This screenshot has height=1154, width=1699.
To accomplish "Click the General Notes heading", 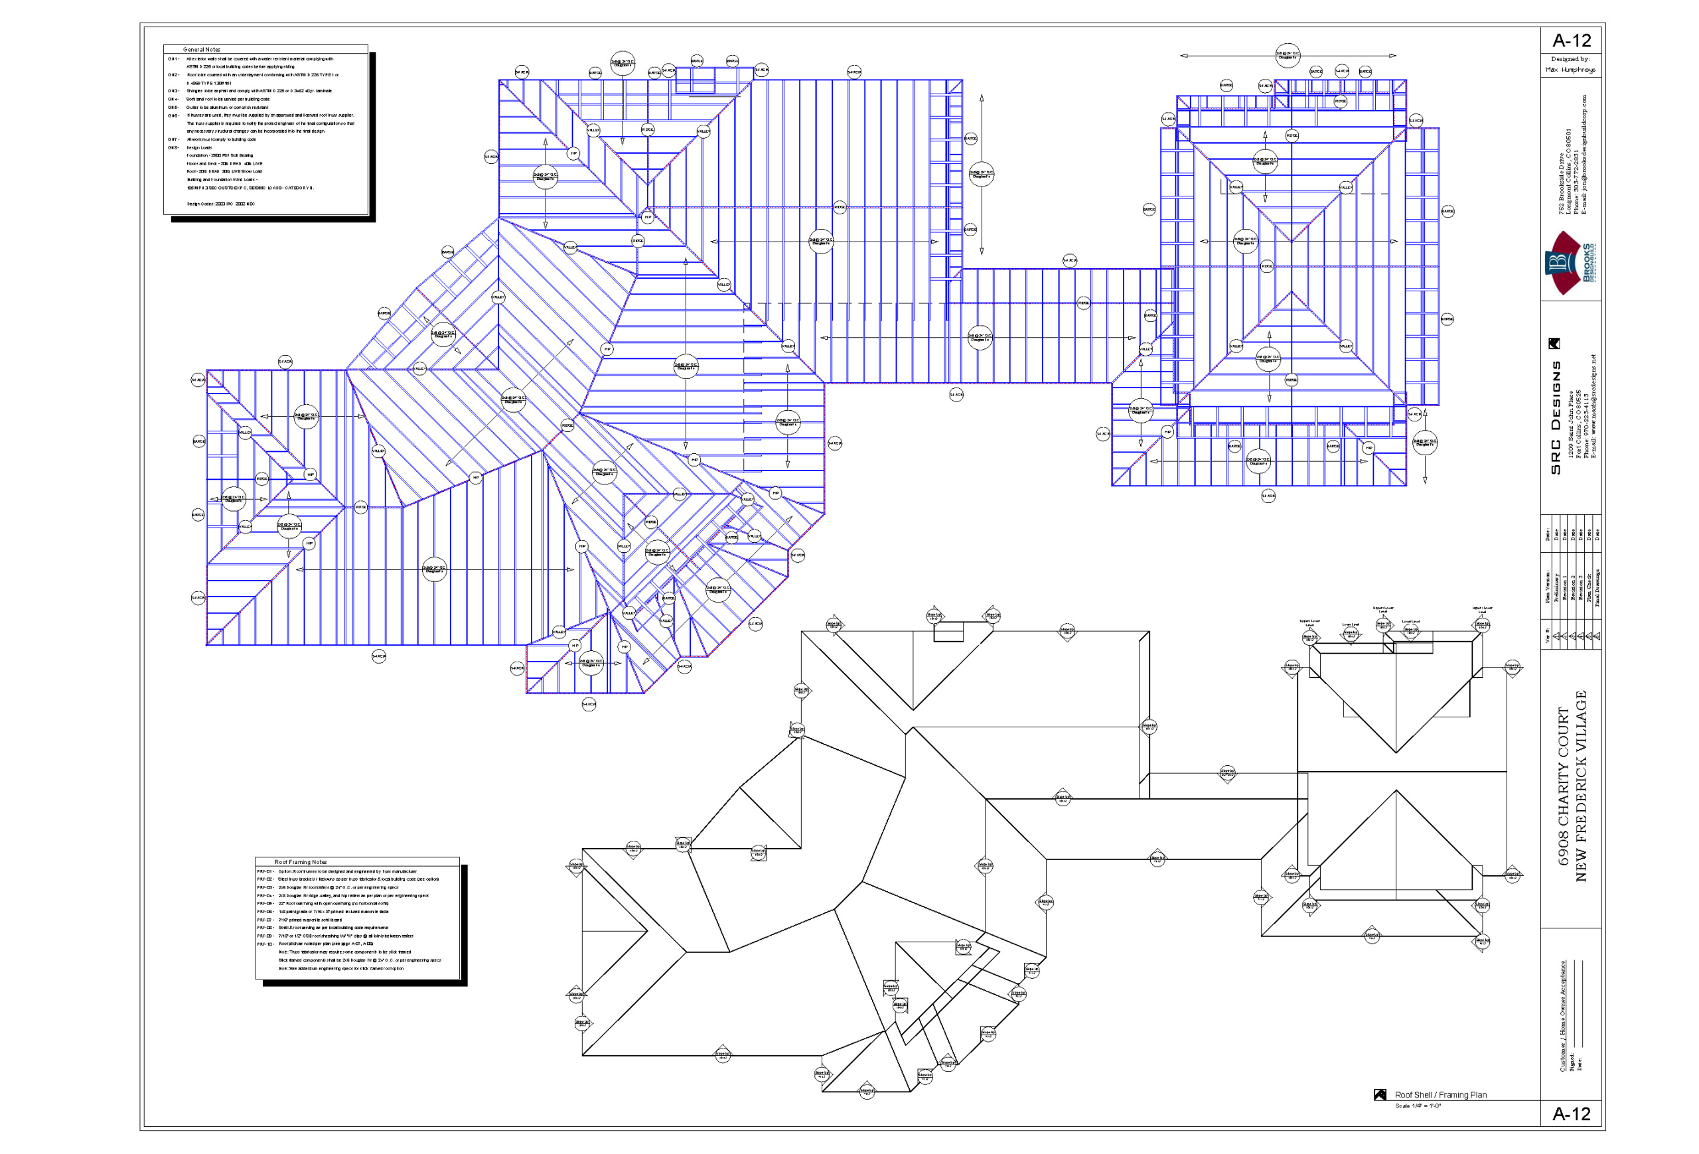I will pos(202,50).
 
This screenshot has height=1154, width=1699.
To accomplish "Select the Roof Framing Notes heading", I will pos(301,863).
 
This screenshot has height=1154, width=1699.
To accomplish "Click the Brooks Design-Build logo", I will pos(1569,263).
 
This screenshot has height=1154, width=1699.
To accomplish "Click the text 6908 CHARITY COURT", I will pos(1564,786).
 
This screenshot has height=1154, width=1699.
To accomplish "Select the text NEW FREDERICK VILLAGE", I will pos(1581,786).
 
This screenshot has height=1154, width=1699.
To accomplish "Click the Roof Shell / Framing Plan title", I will pos(1440,1095).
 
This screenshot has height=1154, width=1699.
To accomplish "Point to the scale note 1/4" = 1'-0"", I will pos(1418,1106).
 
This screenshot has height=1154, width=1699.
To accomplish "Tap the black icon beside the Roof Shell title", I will pos(1380,1095).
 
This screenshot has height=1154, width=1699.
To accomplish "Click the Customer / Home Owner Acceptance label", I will pos(1564,1016).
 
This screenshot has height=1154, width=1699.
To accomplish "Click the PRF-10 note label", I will pos(265,944).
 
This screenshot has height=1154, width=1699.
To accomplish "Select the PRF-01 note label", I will pos(265,872).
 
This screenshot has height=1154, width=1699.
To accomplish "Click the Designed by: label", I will pos(1570,59).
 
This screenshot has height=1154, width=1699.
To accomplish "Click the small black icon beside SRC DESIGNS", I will pos(1555,344).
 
